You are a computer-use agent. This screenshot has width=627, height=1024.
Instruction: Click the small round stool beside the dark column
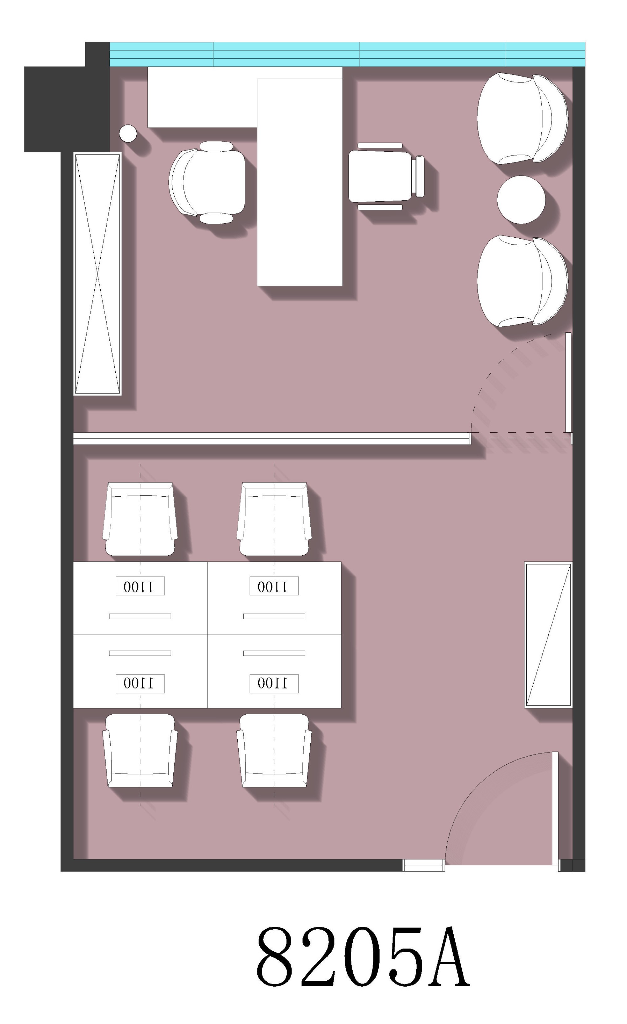tap(128, 133)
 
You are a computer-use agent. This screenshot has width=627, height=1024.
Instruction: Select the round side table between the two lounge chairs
tap(521, 199)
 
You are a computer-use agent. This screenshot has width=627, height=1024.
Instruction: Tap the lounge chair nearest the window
tap(522, 119)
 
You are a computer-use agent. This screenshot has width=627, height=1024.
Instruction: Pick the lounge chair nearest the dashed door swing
tap(522, 281)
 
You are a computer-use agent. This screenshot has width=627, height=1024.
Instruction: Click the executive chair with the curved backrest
tap(207, 182)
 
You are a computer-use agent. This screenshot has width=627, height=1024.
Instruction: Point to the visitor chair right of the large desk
tap(386, 176)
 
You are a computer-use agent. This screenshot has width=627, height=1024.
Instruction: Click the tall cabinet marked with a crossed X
tap(97, 274)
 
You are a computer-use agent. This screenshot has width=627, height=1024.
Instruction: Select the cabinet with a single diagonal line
tap(548, 635)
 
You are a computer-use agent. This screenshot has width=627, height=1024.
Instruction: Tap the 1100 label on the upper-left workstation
tap(140, 586)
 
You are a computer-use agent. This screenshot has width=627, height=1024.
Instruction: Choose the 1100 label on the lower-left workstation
tap(140, 684)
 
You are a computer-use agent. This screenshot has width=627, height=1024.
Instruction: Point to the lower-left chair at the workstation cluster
tap(140, 751)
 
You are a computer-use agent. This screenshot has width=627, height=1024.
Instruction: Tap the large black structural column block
tap(67, 109)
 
